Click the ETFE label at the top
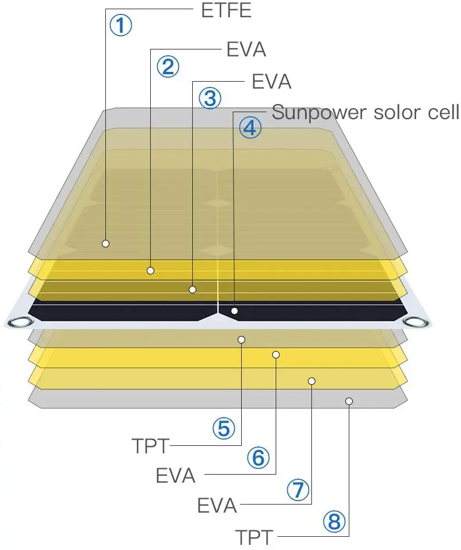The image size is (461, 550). (226, 10)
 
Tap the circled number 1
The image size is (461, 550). (121, 25)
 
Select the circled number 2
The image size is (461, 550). (167, 67)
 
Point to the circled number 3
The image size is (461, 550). (209, 98)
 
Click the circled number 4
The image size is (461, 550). (250, 128)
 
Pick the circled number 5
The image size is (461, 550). (223, 428)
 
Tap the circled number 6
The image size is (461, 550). (258, 458)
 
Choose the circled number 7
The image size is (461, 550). (297, 490)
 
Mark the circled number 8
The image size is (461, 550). (334, 522)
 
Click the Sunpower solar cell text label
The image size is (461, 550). (365, 112)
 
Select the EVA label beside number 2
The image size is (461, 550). (246, 49)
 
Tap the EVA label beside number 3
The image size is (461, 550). (272, 82)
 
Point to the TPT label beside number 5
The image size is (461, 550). (150, 445)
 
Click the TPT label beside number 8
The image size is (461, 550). (254, 537)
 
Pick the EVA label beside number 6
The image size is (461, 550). (176, 476)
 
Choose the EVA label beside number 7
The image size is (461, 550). (217, 506)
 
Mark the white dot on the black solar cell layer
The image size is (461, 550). (234, 311)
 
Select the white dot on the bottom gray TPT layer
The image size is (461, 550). (349, 401)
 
